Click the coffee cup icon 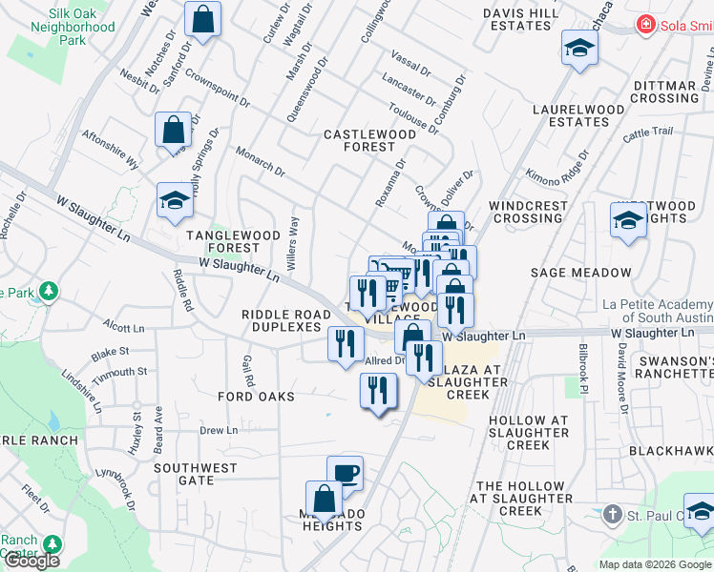point(345,472)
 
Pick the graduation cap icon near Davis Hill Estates point(579,48)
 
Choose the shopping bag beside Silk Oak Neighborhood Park point(202,18)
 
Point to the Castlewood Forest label point(370,140)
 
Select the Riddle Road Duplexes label point(281,320)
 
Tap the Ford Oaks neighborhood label point(256,396)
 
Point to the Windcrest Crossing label point(526,212)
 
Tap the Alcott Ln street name point(124,327)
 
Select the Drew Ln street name point(219,431)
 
